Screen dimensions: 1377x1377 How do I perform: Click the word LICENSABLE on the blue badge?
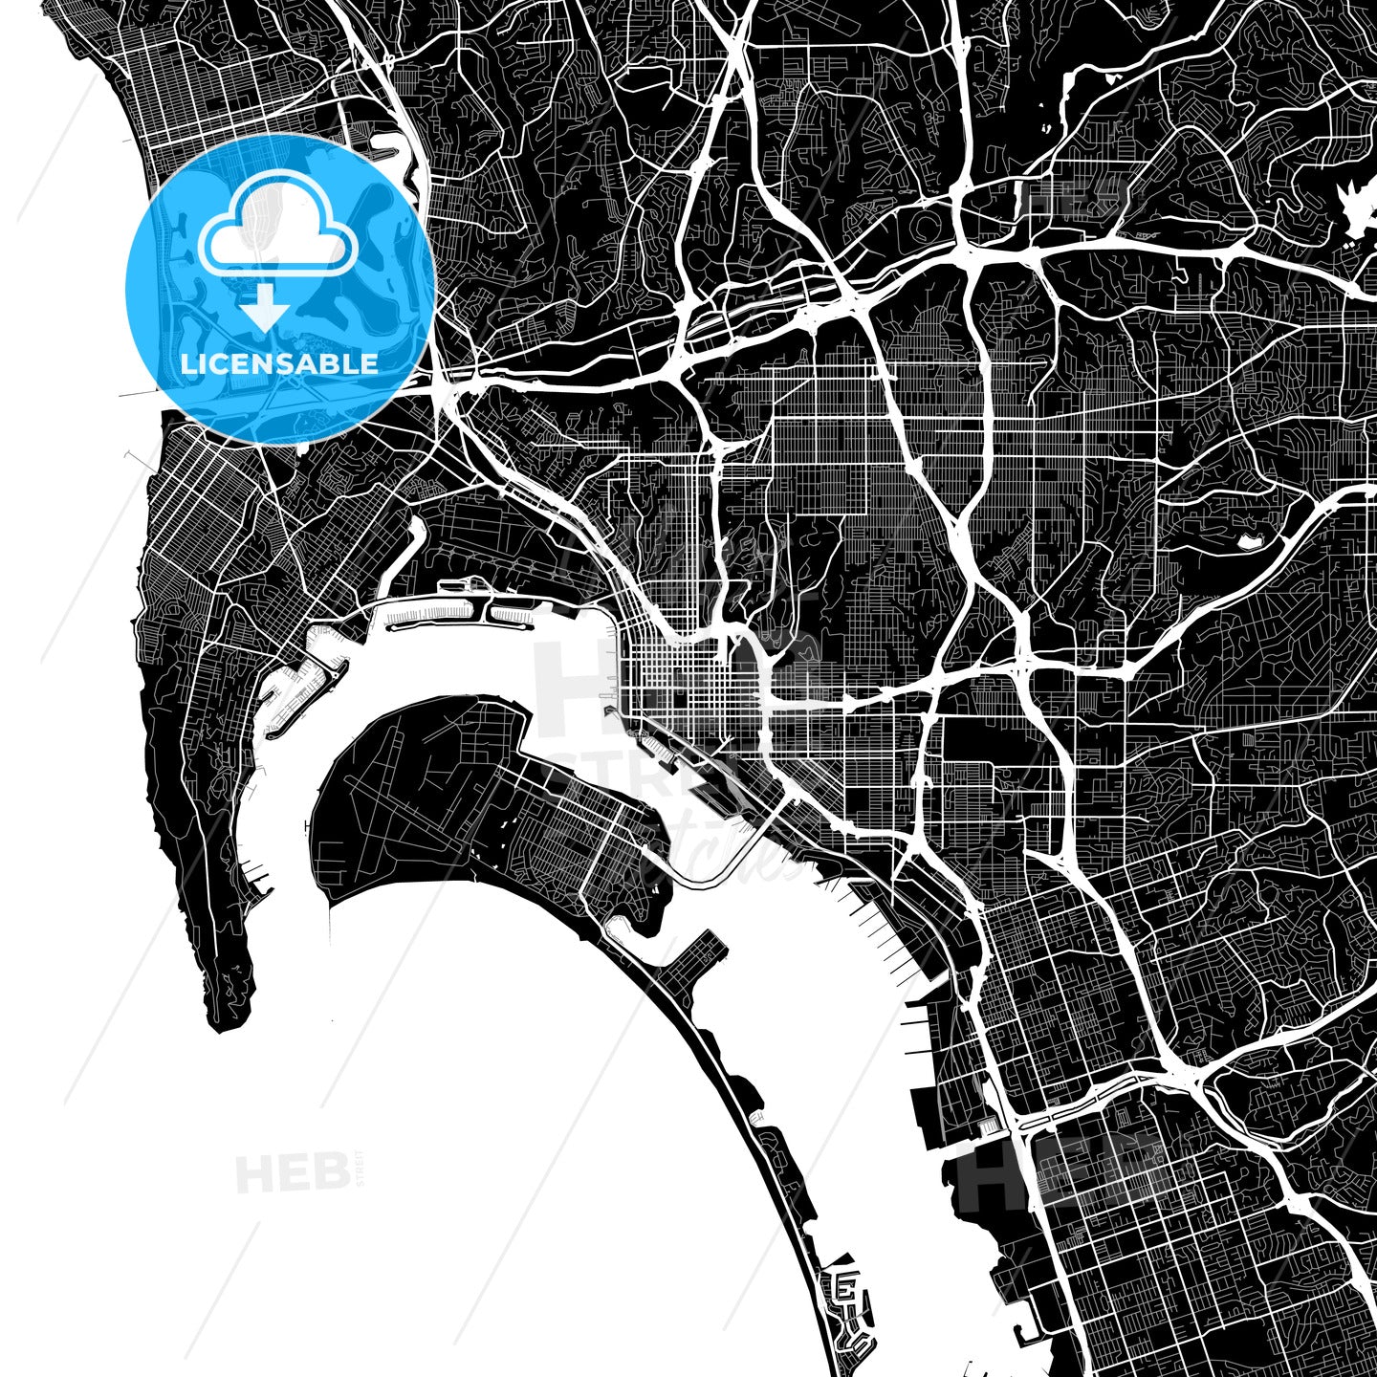[x=280, y=364]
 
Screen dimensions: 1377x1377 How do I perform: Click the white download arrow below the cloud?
[x=265, y=310]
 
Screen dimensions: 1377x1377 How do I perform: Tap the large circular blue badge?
[x=280, y=289]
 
